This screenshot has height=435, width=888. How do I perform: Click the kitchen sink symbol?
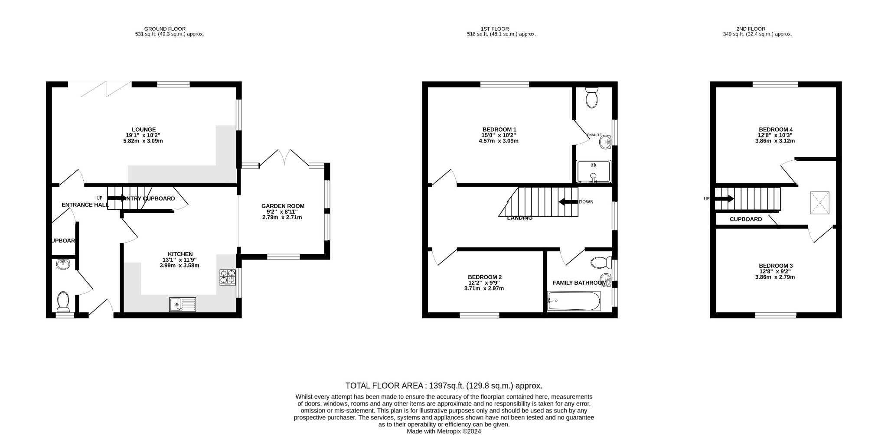(x=183, y=304)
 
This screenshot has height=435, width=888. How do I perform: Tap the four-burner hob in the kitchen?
(x=228, y=277)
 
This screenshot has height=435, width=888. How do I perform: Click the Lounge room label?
(x=144, y=130)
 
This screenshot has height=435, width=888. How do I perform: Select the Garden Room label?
(x=283, y=206)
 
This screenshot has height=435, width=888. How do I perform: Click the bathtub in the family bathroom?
(x=574, y=301)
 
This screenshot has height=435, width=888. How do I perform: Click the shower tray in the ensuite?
(x=593, y=172)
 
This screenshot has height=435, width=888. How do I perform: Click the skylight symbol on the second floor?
(x=819, y=203)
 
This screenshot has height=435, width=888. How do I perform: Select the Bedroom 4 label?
(x=776, y=130)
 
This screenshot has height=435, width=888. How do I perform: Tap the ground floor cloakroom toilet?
(x=63, y=302)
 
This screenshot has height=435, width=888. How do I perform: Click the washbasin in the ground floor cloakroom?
(x=63, y=264)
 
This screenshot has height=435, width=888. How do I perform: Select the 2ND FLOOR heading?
(x=757, y=29)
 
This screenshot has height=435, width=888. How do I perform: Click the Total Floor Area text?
(x=444, y=386)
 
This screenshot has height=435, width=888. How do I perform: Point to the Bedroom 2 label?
(x=484, y=277)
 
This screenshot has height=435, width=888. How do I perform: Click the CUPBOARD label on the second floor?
(x=745, y=219)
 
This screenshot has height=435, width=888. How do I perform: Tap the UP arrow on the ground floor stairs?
(x=116, y=198)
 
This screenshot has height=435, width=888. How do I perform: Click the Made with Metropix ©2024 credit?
(x=444, y=432)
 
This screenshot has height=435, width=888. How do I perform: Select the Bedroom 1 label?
(x=499, y=130)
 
